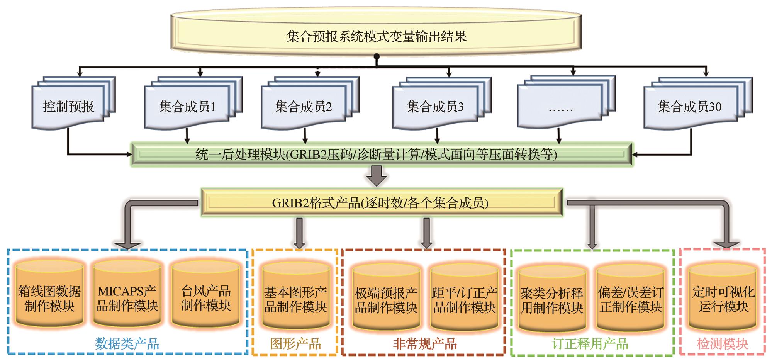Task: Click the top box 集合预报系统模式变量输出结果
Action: (x=376, y=36)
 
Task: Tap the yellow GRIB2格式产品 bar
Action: (x=380, y=202)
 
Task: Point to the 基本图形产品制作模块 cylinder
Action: (x=295, y=299)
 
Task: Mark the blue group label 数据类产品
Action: (x=127, y=343)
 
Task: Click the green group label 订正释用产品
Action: (x=590, y=343)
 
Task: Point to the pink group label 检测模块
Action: (x=722, y=343)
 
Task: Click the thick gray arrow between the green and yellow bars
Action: (x=377, y=176)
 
